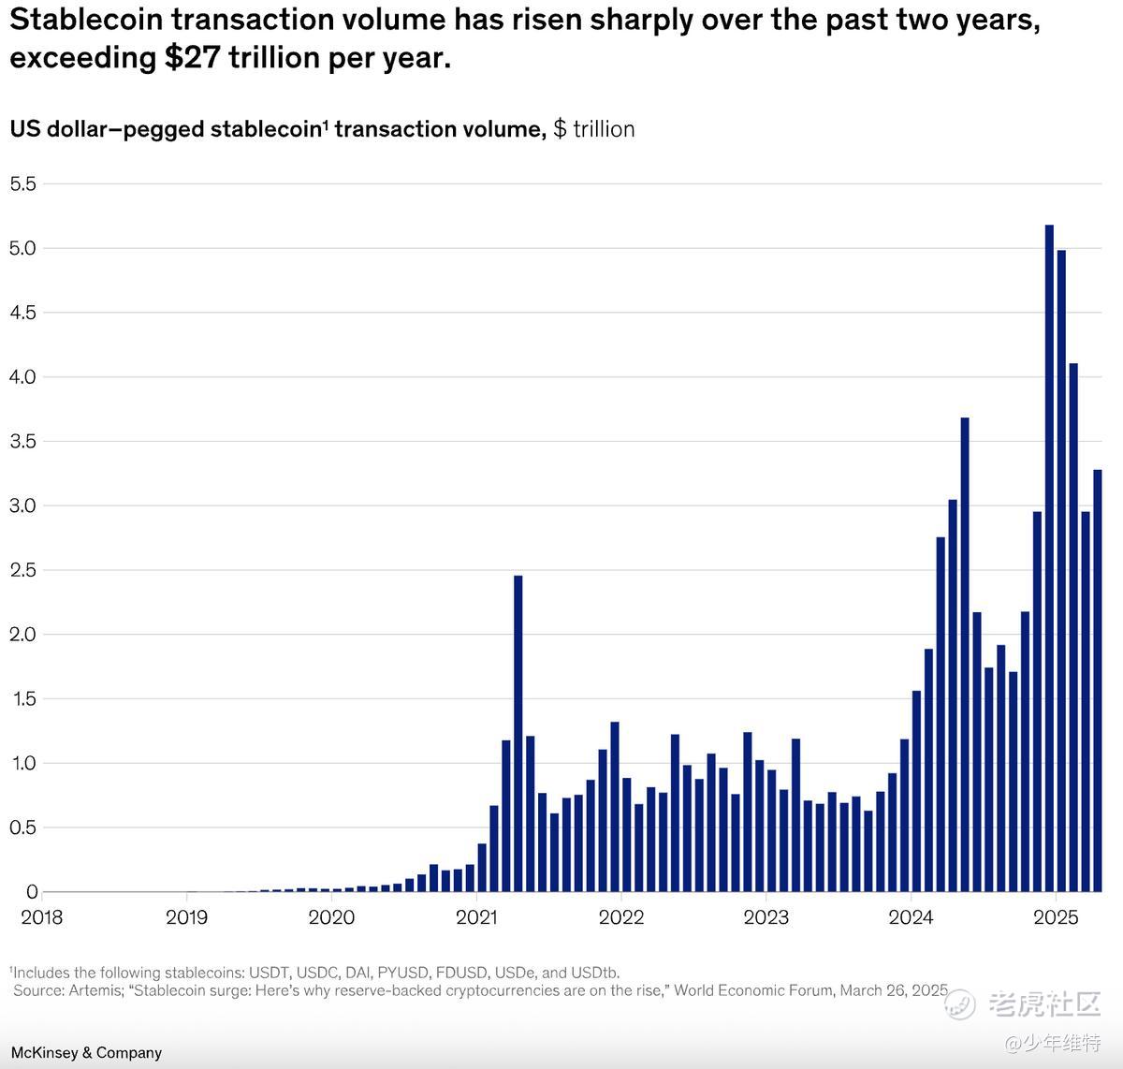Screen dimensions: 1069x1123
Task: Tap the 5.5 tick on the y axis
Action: click(22, 184)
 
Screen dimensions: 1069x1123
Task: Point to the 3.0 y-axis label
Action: click(22, 506)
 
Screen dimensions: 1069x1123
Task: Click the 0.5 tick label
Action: click(22, 828)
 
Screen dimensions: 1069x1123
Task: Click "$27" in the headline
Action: click(194, 58)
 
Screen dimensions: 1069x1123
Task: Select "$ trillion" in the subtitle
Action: click(593, 129)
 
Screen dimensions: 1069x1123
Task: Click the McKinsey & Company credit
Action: click(86, 1053)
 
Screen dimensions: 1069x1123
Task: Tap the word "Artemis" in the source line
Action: click(95, 990)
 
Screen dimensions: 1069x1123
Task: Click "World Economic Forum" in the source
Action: click(752, 990)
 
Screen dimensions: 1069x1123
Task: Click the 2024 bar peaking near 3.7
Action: click(965, 654)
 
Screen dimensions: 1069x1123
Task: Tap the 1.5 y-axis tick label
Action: click(22, 699)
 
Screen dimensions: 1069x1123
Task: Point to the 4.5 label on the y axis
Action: click(22, 313)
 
